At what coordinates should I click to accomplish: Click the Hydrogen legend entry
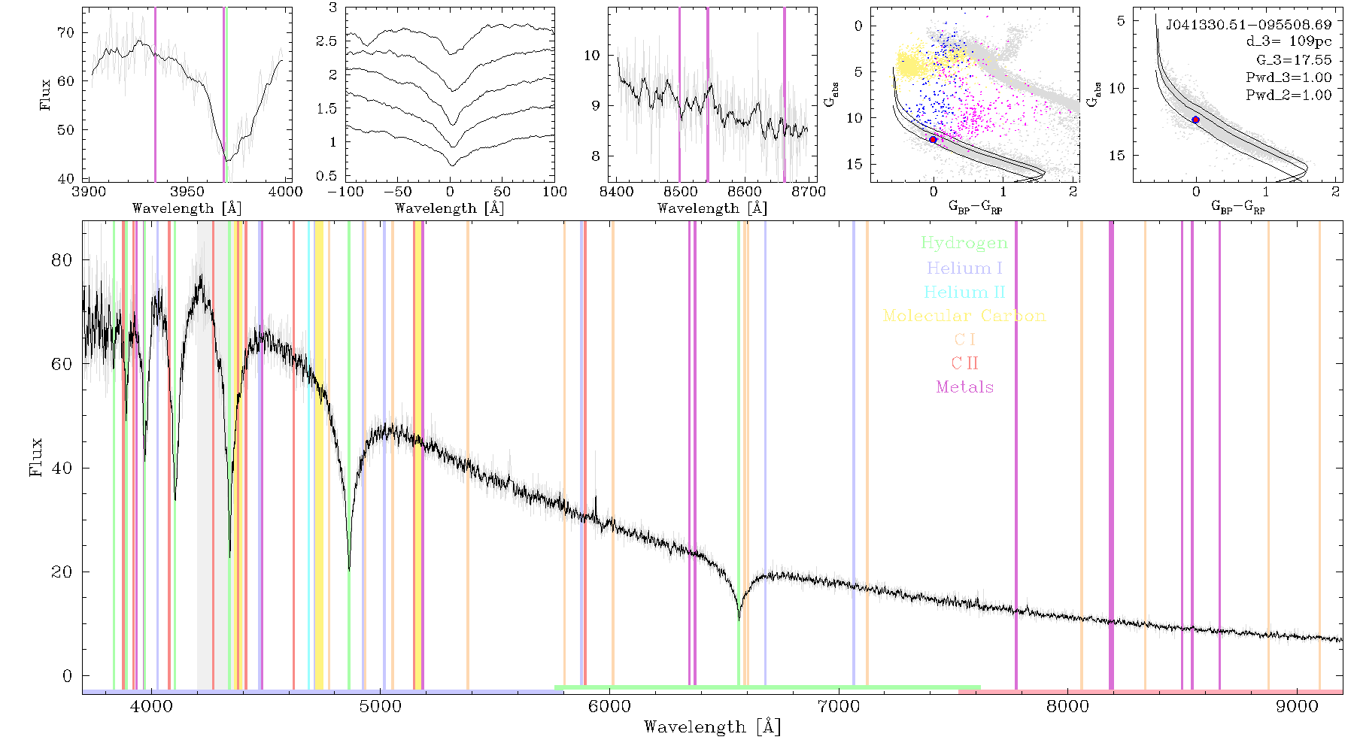pyautogui.click(x=964, y=244)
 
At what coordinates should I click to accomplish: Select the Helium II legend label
pyautogui.click(x=964, y=292)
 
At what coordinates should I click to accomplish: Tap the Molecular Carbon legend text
pyautogui.click(x=964, y=316)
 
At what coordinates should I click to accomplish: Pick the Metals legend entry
pyautogui.click(x=964, y=387)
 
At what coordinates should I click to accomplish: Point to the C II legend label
pyautogui.click(x=964, y=363)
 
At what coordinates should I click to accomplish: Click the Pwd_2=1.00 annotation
pyautogui.click(x=1289, y=95)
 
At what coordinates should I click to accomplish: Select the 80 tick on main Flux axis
pyautogui.click(x=62, y=260)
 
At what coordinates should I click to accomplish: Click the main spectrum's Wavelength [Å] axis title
pyautogui.click(x=712, y=727)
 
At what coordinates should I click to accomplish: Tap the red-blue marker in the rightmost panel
pyautogui.click(x=1195, y=120)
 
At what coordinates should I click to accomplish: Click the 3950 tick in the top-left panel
pyautogui.click(x=187, y=192)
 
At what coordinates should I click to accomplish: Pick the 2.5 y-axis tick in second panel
pyautogui.click(x=326, y=41)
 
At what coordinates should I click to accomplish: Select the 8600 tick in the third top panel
pyautogui.click(x=745, y=192)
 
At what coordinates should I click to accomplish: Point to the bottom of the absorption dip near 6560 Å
pyautogui.click(x=739, y=619)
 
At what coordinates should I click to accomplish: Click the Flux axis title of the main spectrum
pyautogui.click(x=35, y=456)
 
